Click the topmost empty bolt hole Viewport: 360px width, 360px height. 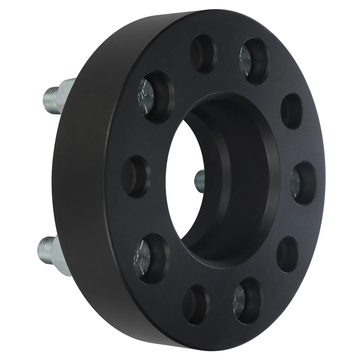pos(203,53)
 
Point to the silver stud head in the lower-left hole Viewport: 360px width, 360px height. pos(142,259)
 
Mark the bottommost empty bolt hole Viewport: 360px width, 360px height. pos(196,304)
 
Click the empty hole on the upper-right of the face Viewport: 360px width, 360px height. pos(291,111)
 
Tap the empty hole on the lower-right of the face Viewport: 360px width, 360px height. pos(288,254)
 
